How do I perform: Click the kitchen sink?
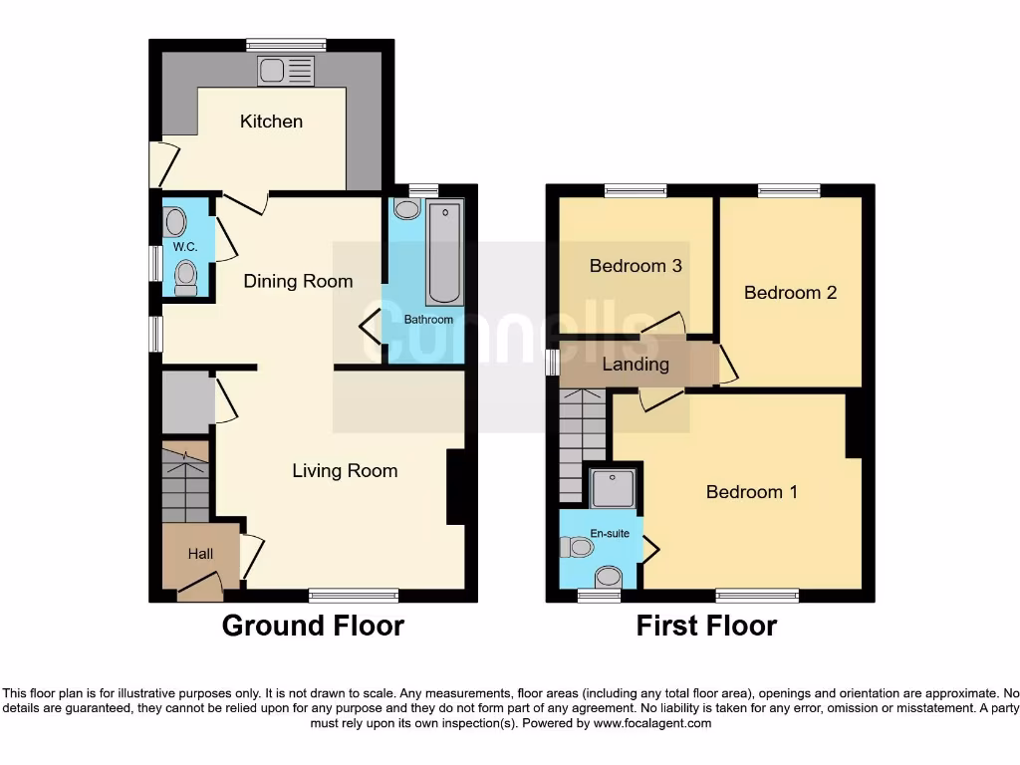coord(286,71)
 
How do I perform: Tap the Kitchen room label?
coord(271,122)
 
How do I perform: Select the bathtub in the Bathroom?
coord(444,253)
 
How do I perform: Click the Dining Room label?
coord(298,281)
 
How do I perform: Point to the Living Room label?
coord(345,470)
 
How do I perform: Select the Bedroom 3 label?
coord(636,266)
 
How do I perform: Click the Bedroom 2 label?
coord(790,293)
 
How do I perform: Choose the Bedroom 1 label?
coord(751,492)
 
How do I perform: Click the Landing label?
coord(636,365)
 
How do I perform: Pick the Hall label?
coord(200,554)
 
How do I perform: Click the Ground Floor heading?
coord(312,626)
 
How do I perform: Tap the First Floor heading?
coord(706,626)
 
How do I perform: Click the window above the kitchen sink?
coord(286,44)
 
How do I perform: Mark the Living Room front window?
coord(354,596)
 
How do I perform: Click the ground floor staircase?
coord(185,483)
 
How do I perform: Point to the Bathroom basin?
coord(406,209)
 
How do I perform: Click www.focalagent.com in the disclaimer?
coord(653,723)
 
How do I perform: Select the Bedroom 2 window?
coord(789,190)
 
